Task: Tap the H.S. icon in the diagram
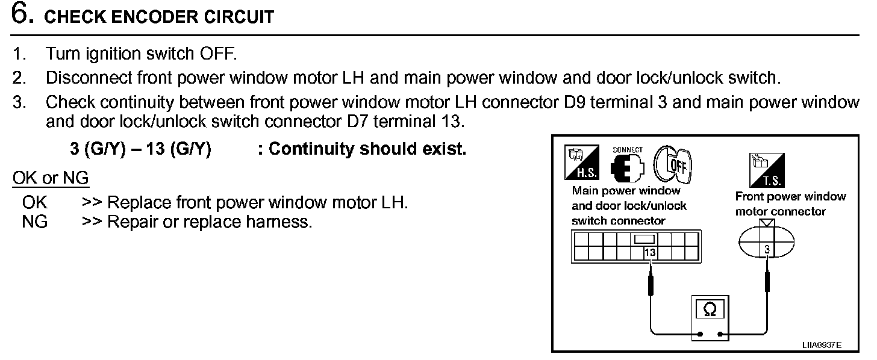tap(581, 163)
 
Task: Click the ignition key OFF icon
tap(673, 163)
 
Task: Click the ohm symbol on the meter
tap(710, 309)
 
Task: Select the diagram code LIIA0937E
tap(822, 345)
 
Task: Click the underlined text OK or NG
tap(51, 178)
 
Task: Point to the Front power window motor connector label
tap(790, 204)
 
